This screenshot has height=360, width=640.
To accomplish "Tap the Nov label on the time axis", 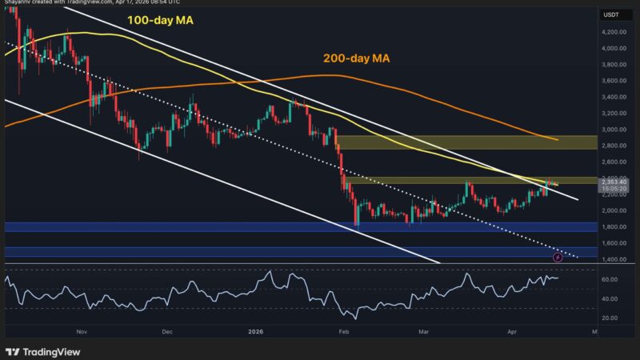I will pyautogui.click(x=80, y=330).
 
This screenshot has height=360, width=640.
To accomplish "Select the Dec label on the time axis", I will pyautogui.click(x=166, y=330).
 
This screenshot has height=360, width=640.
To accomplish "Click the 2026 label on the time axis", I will pyautogui.click(x=256, y=330).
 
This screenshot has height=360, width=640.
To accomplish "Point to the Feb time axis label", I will pyautogui.click(x=345, y=330).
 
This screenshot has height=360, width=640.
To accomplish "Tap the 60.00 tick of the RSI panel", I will pyautogui.click(x=611, y=279).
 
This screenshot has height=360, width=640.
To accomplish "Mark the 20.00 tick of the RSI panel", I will pyautogui.click(x=611, y=318).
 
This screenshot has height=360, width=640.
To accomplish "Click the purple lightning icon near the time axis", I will pyautogui.click(x=558, y=258).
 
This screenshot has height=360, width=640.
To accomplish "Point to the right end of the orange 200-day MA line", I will pyautogui.click(x=558, y=140).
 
